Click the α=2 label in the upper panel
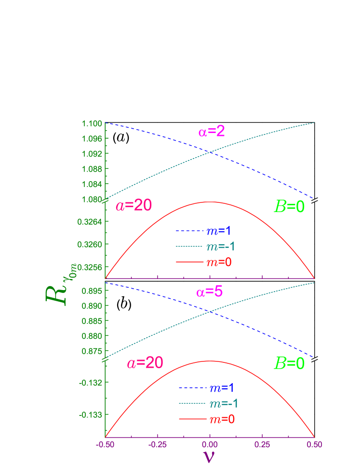point(212,131)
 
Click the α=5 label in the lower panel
point(209,292)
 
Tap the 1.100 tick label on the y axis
point(92,123)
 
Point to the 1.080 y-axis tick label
point(92,199)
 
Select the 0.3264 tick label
point(90,222)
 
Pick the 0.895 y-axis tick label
point(92,291)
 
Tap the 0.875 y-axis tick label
point(92,351)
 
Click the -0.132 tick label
point(91,383)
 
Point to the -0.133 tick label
point(91,414)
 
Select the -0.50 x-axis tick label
point(105,445)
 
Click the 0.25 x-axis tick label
point(262,445)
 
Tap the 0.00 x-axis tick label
point(210,445)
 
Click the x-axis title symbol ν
point(209,456)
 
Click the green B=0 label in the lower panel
point(289,363)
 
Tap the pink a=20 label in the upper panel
point(133,206)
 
